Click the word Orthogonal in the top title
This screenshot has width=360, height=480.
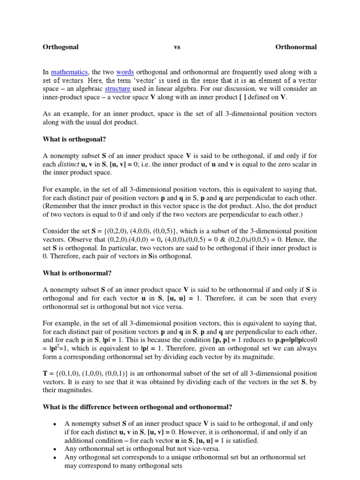tap(60, 47)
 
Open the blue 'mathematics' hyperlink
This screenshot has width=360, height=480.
tap(69, 72)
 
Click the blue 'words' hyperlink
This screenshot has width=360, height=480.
tap(125, 72)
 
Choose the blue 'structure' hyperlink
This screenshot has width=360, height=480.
tap(117, 89)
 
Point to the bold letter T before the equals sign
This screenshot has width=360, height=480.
tap(45, 374)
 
